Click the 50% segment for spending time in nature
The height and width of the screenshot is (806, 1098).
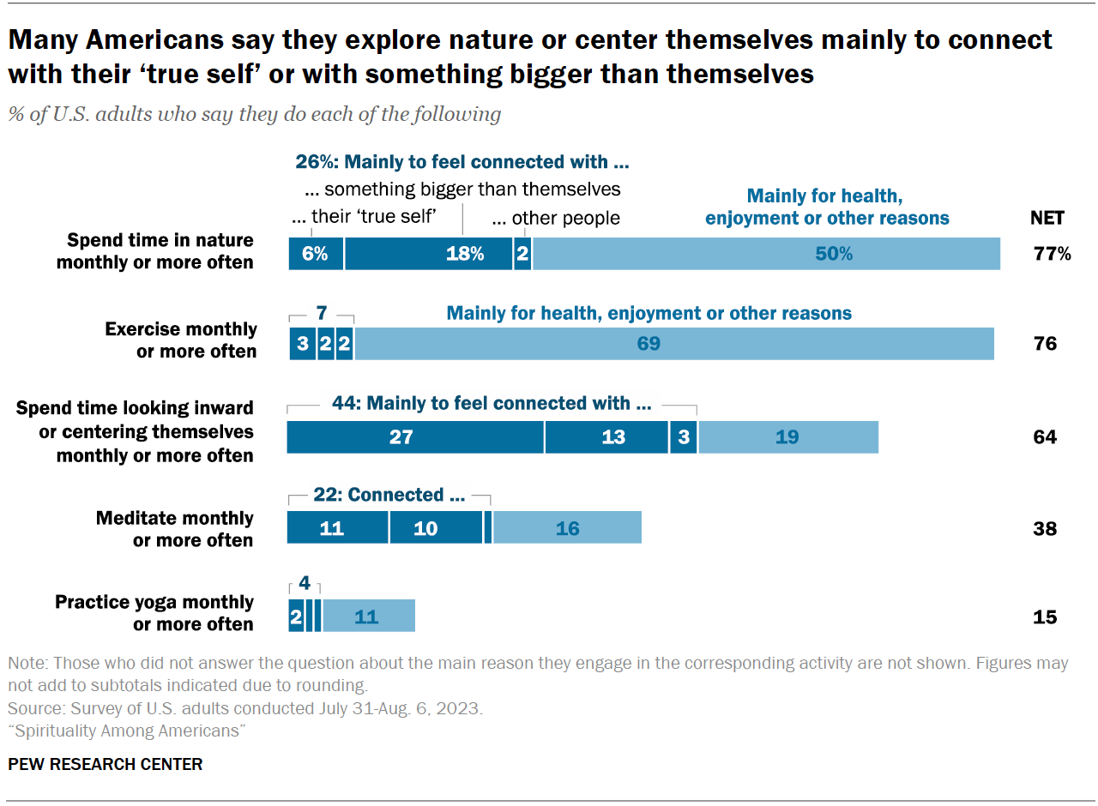[x=766, y=254]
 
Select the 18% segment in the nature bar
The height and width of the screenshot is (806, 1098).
[x=428, y=254]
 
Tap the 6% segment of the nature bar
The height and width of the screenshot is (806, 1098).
[x=316, y=254]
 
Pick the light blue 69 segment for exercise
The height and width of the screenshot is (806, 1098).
[x=673, y=344]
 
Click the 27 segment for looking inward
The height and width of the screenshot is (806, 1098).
[x=415, y=437]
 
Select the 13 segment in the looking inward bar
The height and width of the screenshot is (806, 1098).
[x=606, y=437]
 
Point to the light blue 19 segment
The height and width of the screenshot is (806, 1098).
[x=787, y=437]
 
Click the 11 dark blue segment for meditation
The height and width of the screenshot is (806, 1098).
[x=337, y=528]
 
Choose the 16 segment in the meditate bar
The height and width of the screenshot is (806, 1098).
[x=567, y=528]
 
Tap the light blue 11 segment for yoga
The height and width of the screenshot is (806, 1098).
[x=368, y=617]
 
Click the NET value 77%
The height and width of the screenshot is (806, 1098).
[x=1051, y=254]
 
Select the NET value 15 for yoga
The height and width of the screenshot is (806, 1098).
[x=1045, y=617]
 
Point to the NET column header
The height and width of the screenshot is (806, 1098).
[x=1047, y=218]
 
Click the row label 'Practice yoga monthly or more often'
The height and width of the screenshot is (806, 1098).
[x=154, y=613]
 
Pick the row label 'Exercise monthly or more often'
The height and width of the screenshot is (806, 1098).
[x=180, y=340]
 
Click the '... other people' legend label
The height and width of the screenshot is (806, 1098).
[x=556, y=218]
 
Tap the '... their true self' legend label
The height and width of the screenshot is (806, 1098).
[x=365, y=218]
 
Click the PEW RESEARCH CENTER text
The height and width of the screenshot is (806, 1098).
[x=106, y=764]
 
